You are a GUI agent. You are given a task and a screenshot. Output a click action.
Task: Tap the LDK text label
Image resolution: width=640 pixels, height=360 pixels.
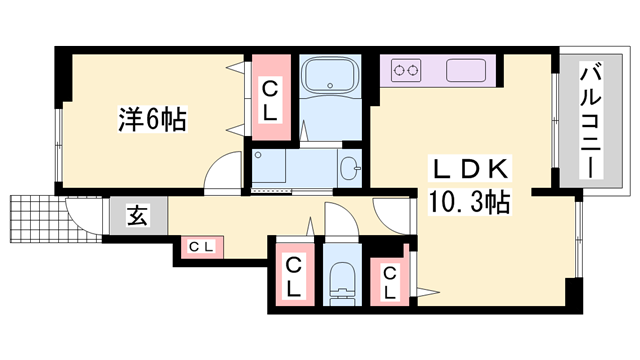click(472, 167)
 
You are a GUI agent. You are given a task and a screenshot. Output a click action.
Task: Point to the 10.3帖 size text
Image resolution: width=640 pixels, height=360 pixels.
click(470, 203)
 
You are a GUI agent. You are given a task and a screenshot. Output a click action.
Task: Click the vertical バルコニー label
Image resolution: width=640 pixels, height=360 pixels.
click(591, 120)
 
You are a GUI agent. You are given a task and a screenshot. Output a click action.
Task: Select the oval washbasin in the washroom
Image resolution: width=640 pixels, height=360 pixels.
click(349, 167)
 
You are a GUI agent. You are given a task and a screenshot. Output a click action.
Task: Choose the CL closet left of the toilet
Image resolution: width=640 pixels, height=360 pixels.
click(293, 275)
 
